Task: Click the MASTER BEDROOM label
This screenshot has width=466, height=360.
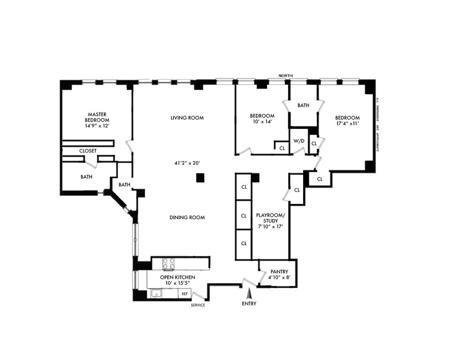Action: [x=97, y=117]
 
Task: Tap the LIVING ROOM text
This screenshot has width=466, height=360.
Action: [x=187, y=118]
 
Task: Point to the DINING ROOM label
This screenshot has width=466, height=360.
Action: [x=187, y=218]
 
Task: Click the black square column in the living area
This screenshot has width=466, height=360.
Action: [x=201, y=178]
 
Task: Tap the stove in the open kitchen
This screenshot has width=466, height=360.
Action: [x=169, y=264]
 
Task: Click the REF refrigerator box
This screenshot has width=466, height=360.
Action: [x=185, y=294]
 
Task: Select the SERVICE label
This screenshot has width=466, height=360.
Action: [x=198, y=305]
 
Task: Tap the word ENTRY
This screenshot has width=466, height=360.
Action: [x=249, y=304]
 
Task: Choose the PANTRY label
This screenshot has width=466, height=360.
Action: [x=279, y=272]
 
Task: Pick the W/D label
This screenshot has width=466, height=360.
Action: [x=299, y=141]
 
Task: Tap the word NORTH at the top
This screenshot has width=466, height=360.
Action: [x=286, y=76]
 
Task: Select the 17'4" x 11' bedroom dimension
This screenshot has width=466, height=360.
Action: [x=347, y=123]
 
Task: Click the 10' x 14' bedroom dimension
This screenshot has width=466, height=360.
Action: [x=262, y=122]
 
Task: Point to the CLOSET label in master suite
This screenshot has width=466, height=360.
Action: [x=88, y=151]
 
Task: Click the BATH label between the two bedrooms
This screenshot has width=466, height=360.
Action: [x=304, y=106]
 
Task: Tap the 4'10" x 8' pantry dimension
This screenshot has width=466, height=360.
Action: [x=279, y=278]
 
